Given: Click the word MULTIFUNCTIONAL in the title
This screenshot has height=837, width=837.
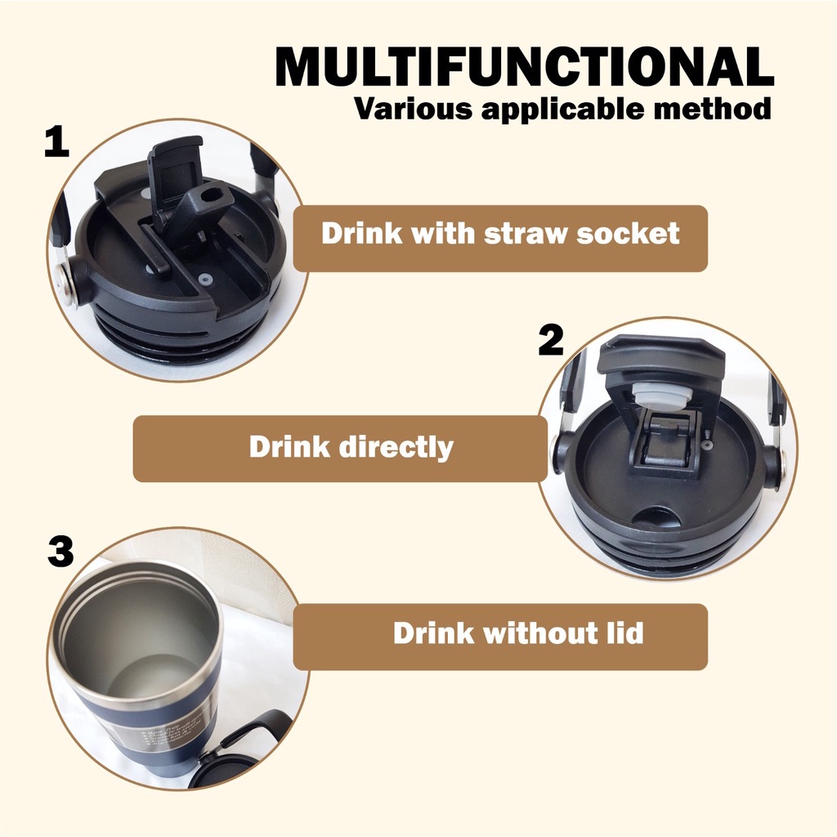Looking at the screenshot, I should (x=524, y=69).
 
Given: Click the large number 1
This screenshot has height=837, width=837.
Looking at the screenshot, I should (x=56, y=143).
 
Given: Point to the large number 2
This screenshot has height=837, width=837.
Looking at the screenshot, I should (x=551, y=341).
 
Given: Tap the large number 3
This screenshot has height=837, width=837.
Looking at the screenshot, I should (x=60, y=553).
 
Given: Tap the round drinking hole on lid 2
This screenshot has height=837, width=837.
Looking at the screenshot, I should (x=658, y=519).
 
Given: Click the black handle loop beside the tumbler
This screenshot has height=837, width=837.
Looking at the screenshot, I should (x=245, y=740).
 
